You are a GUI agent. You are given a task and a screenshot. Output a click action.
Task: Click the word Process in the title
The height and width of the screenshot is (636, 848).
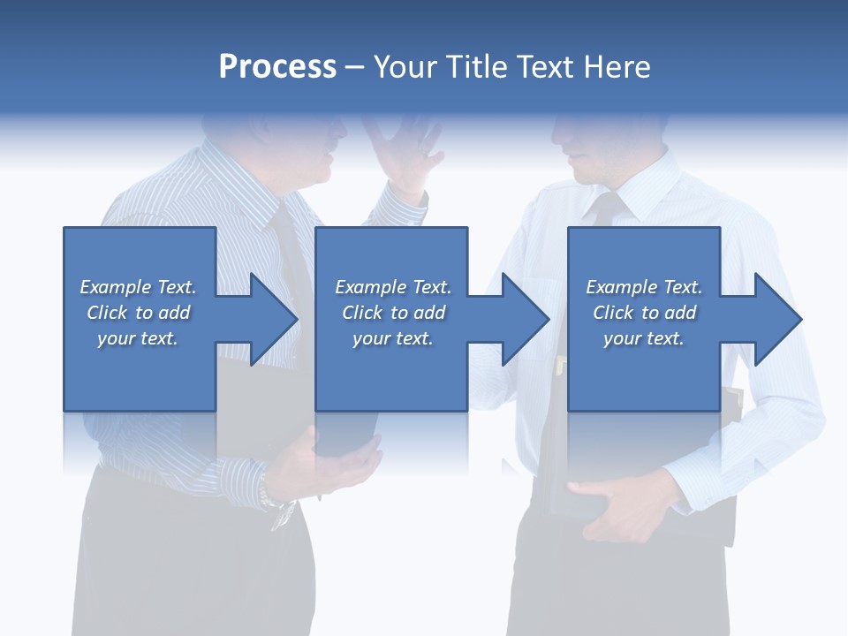(x=277, y=67)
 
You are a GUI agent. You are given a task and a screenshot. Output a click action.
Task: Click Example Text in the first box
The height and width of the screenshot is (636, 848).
(x=138, y=287)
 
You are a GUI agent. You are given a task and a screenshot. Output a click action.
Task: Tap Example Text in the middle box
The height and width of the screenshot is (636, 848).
(x=393, y=287)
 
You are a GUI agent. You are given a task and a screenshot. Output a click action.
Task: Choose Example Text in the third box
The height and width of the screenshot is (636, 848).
(x=644, y=287)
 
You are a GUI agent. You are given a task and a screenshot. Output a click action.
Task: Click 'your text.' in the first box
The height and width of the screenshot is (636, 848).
(x=138, y=338)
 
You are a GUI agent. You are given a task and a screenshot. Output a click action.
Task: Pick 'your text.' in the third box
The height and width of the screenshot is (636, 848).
(x=644, y=338)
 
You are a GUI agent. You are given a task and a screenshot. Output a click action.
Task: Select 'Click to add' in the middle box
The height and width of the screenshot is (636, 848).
(x=393, y=313)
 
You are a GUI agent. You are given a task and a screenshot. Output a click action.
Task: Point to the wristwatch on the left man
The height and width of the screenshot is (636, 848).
(x=281, y=510)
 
